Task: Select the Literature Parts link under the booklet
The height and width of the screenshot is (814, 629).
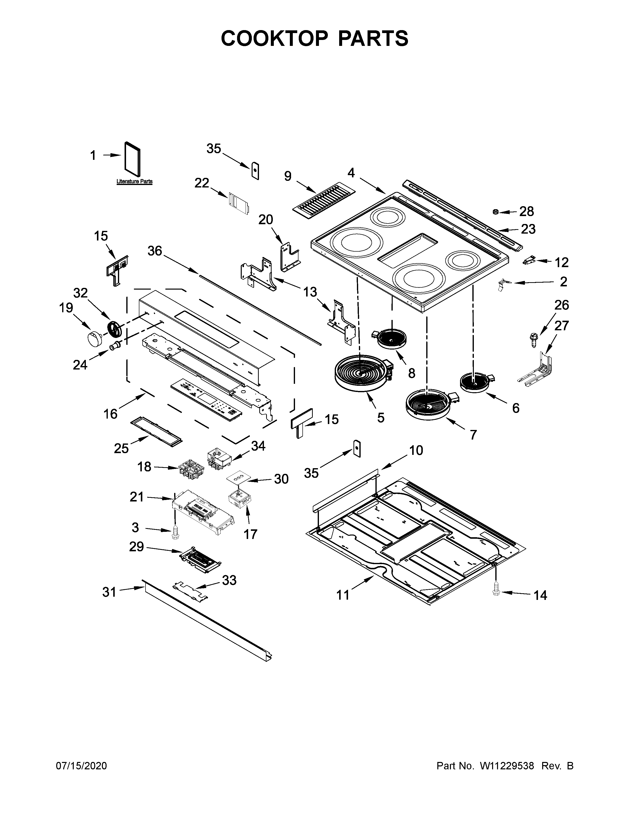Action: pos(134,182)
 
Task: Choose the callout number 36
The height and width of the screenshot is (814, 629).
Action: pos(155,251)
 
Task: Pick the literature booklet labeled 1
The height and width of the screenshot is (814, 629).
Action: pos(133,158)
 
